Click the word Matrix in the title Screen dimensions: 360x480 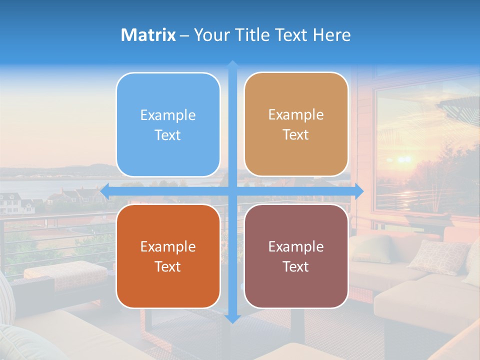pyautogui.click(x=148, y=35)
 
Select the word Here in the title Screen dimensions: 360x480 pyautogui.click(x=331, y=35)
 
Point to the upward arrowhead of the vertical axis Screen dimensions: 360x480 pyautogui.click(x=232, y=64)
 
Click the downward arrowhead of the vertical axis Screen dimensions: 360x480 pyautogui.click(x=232, y=318)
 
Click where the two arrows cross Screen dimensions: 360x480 pyautogui.click(x=232, y=191)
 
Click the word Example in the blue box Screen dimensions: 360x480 pyautogui.click(x=168, y=115)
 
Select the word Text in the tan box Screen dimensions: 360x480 pyautogui.click(x=296, y=135)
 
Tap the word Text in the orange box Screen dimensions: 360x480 pyautogui.click(x=168, y=266)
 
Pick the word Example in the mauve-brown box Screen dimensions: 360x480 pyautogui.click(x=296, y=246)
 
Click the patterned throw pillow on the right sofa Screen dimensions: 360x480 pyautogui.click(x=438, y=256)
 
